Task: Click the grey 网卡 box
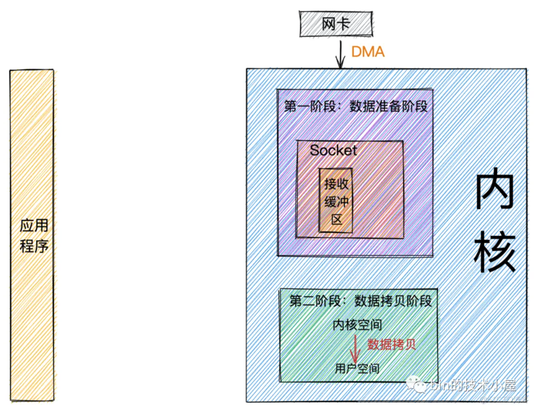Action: click(336, 24)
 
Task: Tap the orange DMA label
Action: click(367, 52)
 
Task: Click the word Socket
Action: click(333, 150)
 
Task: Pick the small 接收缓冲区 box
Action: click(336, 201)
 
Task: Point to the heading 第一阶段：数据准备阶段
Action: click(355, 106)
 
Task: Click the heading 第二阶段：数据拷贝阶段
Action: click(360, 301)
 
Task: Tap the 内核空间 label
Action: click(357, 325)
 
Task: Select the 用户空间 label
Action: click(357, 368)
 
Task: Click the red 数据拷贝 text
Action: click(391, 344)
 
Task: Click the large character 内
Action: click(494, 191)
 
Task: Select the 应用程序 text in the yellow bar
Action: click(34, 236)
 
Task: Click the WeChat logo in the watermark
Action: click(417, 385)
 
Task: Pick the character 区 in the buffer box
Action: click(336, 220)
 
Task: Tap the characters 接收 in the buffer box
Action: click(336, 183)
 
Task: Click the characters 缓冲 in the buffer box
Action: click(336, 202)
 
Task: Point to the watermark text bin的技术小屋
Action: click(473, 385)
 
